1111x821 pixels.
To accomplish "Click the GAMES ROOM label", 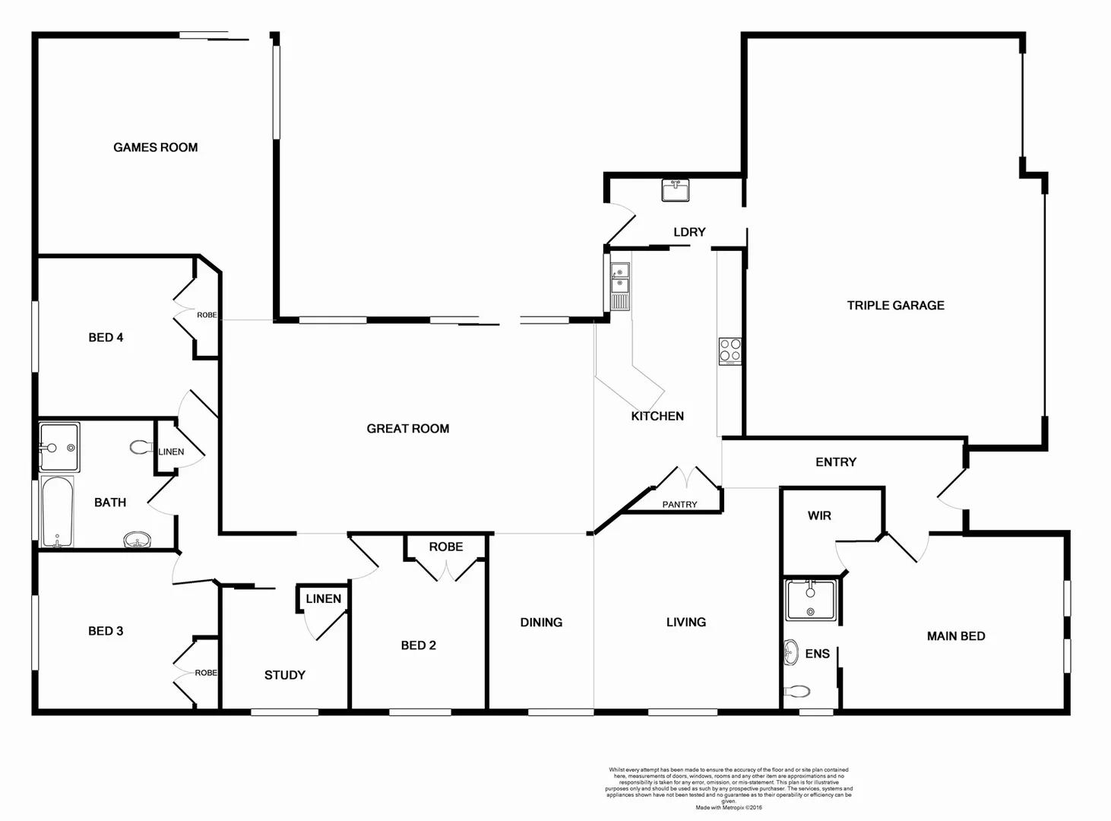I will [x=155, y=147].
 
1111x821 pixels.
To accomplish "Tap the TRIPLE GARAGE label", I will [x=895, y=306].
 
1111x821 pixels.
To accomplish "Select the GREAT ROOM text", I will [x=407, y=429].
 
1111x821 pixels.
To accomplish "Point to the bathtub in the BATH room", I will [x=57, y=512].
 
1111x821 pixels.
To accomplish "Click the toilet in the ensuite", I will [x=796, y=692].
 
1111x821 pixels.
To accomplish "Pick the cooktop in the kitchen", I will [x=730, y=351].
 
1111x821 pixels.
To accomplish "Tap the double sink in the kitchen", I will [x=620, y=278].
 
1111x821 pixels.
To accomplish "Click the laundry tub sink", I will [x=675, y=190].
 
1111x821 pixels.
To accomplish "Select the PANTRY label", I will [x=679, y=505].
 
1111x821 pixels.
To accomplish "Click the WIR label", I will [x=818, y=516].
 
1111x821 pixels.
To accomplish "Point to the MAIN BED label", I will [x=955, y=636].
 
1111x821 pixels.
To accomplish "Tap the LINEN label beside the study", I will [x=323, y=599].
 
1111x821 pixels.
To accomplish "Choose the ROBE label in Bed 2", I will [x=445, y=547].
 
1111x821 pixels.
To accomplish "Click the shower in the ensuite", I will [x=810, y=600].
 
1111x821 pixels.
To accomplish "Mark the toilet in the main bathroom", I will [x=141, y=448].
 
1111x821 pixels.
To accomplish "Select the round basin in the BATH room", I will [x=137, y=540].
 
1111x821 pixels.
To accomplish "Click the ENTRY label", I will [x=835, y=462].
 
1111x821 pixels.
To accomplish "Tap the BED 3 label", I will [x=106, y=631].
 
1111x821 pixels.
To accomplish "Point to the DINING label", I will [x=541, y=623].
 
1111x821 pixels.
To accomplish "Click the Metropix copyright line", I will [x=728, y=807].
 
